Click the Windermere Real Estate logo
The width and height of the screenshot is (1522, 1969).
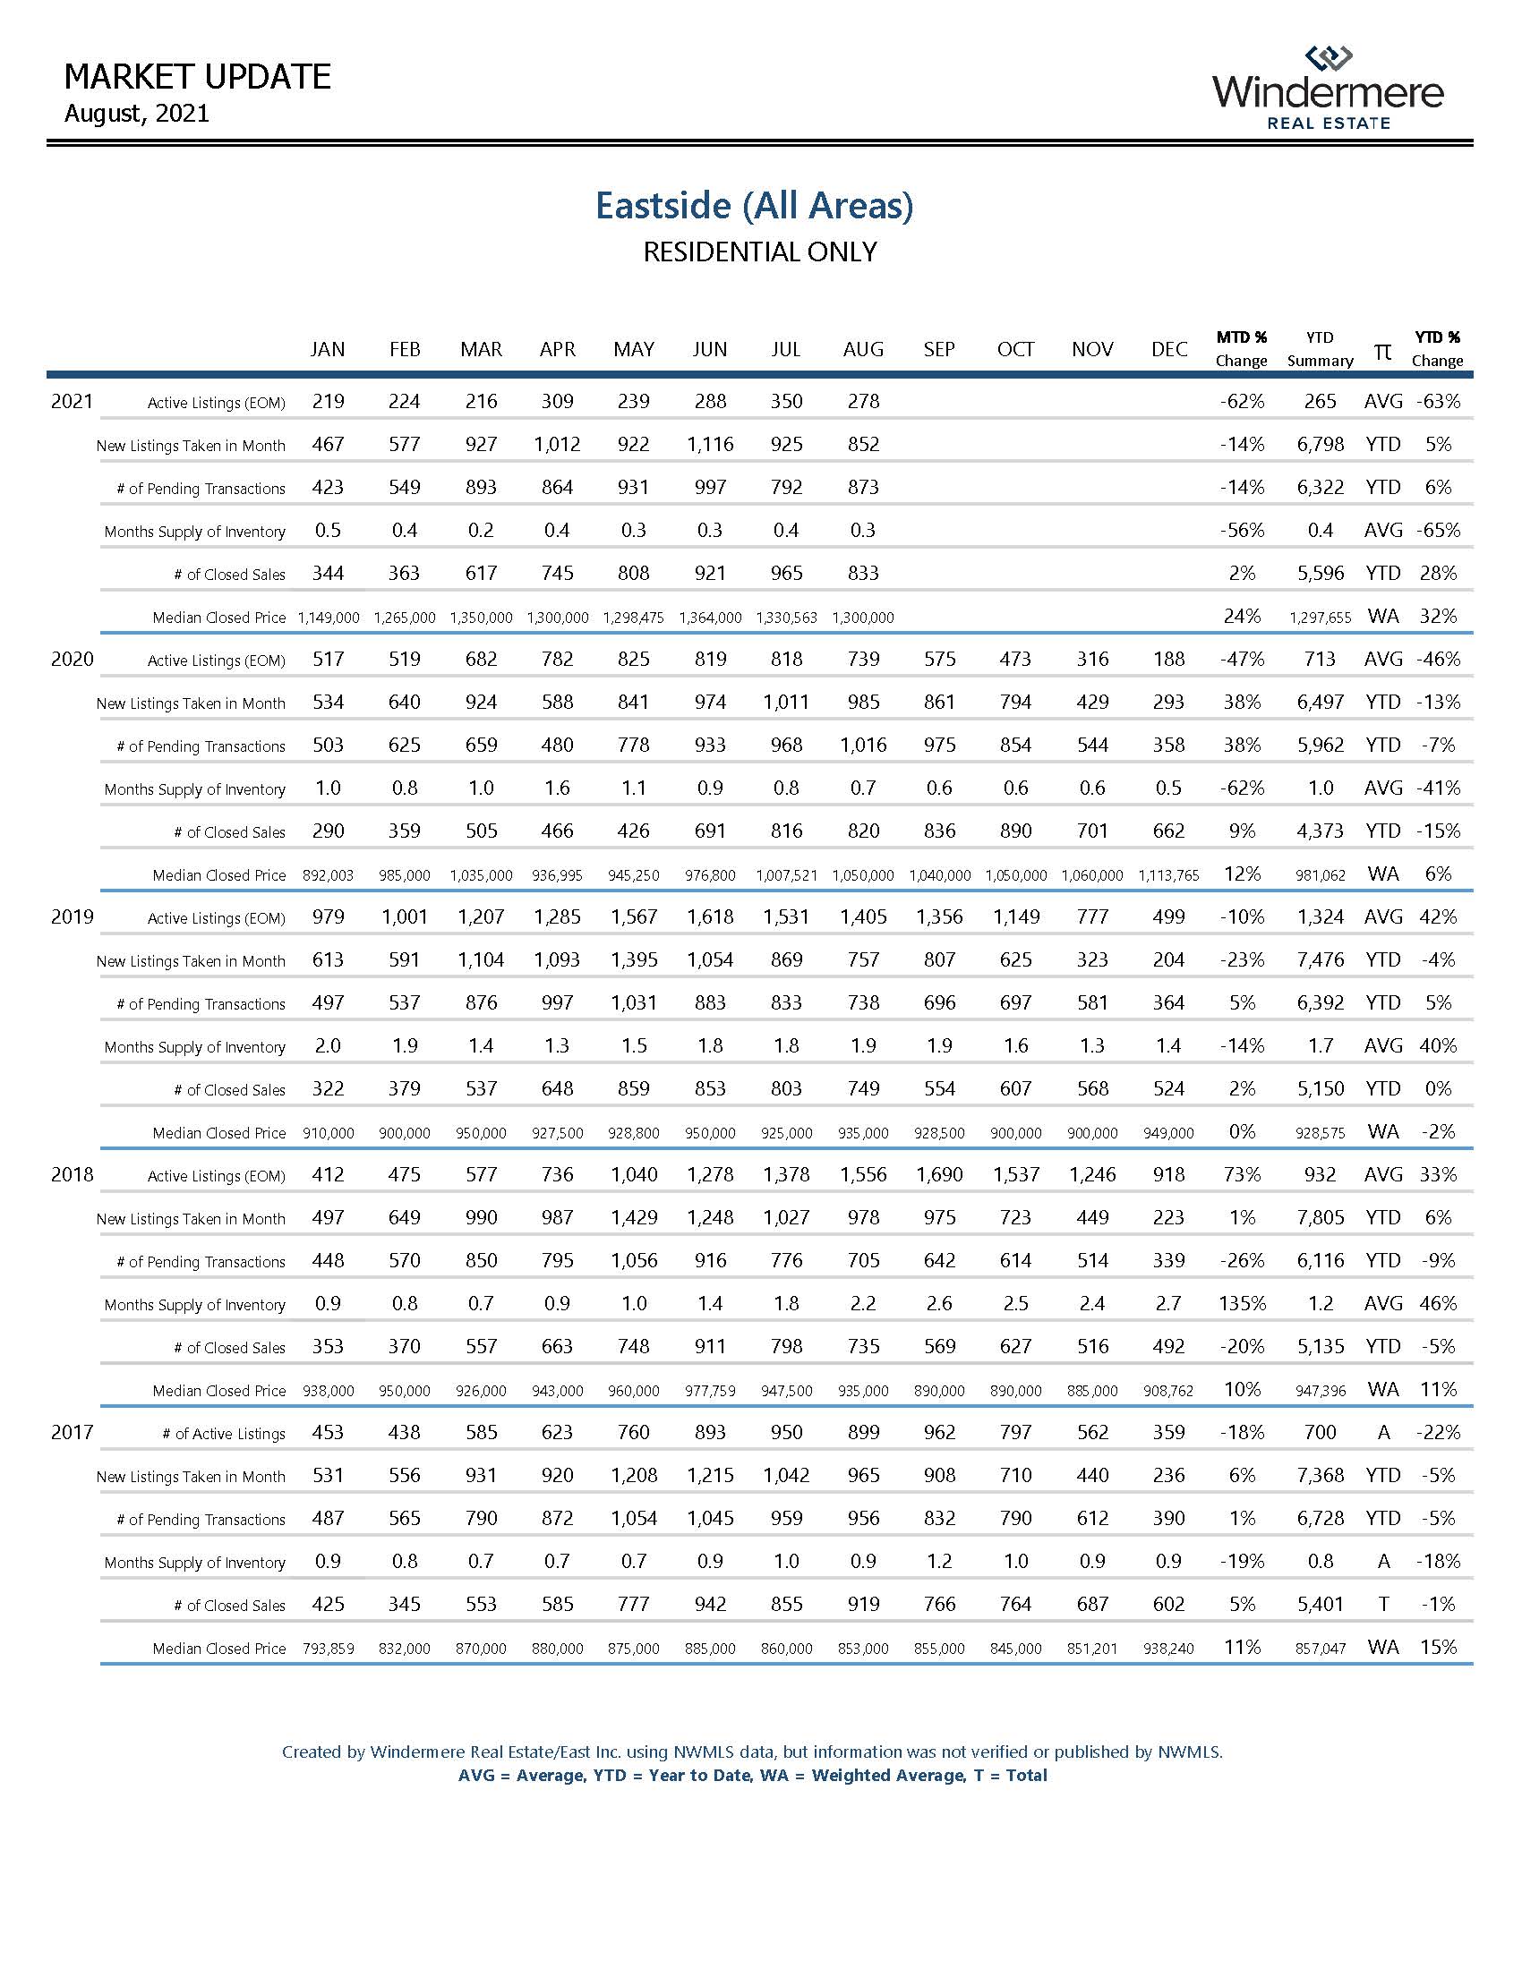point(1327,89)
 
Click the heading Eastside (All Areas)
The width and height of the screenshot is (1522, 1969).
point(754,206)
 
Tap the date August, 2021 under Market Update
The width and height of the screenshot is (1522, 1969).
point(137,114)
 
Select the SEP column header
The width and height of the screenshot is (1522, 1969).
point(938,349)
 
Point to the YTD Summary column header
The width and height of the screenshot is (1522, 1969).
point(1320,349)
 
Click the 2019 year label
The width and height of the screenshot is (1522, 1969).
point(73,916)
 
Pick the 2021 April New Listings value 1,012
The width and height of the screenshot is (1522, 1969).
point(557,445)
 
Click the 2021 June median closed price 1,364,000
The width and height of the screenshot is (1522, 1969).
point(710,618)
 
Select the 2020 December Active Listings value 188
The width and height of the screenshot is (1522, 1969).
point(1168,659)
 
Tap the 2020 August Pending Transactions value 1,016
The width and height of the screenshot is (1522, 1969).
point(863,746)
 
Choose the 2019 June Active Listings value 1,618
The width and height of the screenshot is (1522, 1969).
point(710,916)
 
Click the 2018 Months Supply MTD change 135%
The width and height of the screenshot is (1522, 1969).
point(1242,1304)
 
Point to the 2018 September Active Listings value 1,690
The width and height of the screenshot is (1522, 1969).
point(938,1175)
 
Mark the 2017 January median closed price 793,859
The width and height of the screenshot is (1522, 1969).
point(329,1649)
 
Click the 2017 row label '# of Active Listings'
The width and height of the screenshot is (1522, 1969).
point(224,1435)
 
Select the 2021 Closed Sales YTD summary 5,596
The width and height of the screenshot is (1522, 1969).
point(1320,574)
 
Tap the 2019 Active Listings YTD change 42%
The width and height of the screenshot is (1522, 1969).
point(1437,916)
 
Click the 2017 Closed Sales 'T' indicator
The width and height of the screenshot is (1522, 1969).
point(1383,1605)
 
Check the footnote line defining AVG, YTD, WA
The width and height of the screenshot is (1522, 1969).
point(753,1775)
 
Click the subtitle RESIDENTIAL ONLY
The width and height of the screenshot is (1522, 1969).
point(759,252)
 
